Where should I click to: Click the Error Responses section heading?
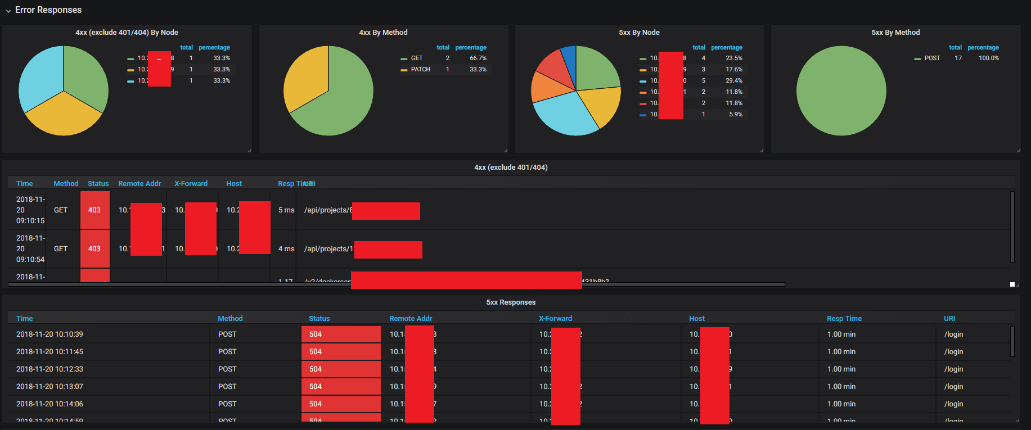(48, 10)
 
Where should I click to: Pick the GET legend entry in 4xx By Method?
(416, 58)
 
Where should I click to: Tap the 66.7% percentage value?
(478, 58)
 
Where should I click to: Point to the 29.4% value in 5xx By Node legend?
(734, 81)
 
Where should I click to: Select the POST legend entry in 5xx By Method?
(932, 58)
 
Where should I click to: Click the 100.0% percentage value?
(989, 58)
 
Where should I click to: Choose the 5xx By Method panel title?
(895, 33)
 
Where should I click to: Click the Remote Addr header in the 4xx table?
(139, 184)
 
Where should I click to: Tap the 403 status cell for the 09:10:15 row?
(94, 210)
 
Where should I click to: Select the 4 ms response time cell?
(286, 249)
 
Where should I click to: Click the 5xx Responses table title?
(511, 302)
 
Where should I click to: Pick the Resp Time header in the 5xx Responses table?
(844, 319)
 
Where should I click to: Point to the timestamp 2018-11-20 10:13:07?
(49, 387)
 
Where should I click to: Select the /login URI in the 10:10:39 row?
(953, 334)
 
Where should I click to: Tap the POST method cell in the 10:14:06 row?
(227, 404)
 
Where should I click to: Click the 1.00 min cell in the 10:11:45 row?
(841, 352)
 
